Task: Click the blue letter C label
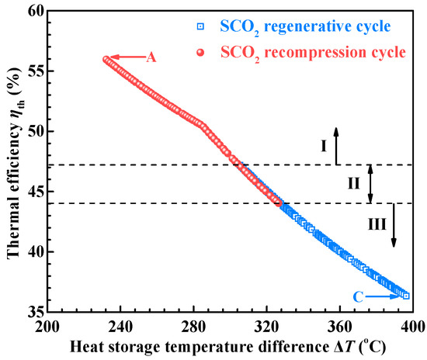(358, 296)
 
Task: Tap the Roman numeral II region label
(354, 184)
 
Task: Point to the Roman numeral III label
(377, 226)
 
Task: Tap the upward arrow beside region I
(336, 145)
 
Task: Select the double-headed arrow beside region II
(370, 184)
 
